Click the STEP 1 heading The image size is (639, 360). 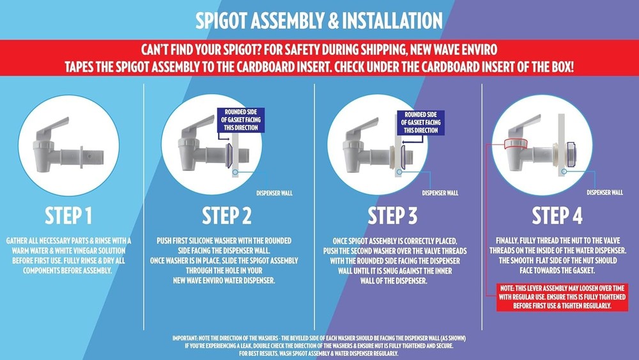(x=68, y=216)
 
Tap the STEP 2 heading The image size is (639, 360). (x=227, y=216)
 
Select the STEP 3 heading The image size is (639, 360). (x=393, y=216)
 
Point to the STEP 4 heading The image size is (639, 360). (x=557, y=216)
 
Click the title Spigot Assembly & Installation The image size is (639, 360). (x=319, y=20)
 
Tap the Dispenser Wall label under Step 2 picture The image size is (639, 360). (x=274, y=193)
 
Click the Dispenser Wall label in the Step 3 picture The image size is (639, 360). (x=440, y=193)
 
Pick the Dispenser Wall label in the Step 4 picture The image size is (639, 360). (x=604, y=192)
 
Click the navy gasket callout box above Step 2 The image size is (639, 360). (x=241, y=120)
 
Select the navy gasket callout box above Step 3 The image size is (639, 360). (x=420, y=123)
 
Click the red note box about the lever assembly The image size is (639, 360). (x=562, y=297)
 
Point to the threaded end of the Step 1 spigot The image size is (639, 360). (x=94, y=157)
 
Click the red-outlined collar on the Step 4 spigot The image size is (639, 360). (x=516, y=144)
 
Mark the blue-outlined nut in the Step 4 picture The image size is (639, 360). (x=571, y=155)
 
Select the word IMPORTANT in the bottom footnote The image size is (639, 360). (x=185, y=338)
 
